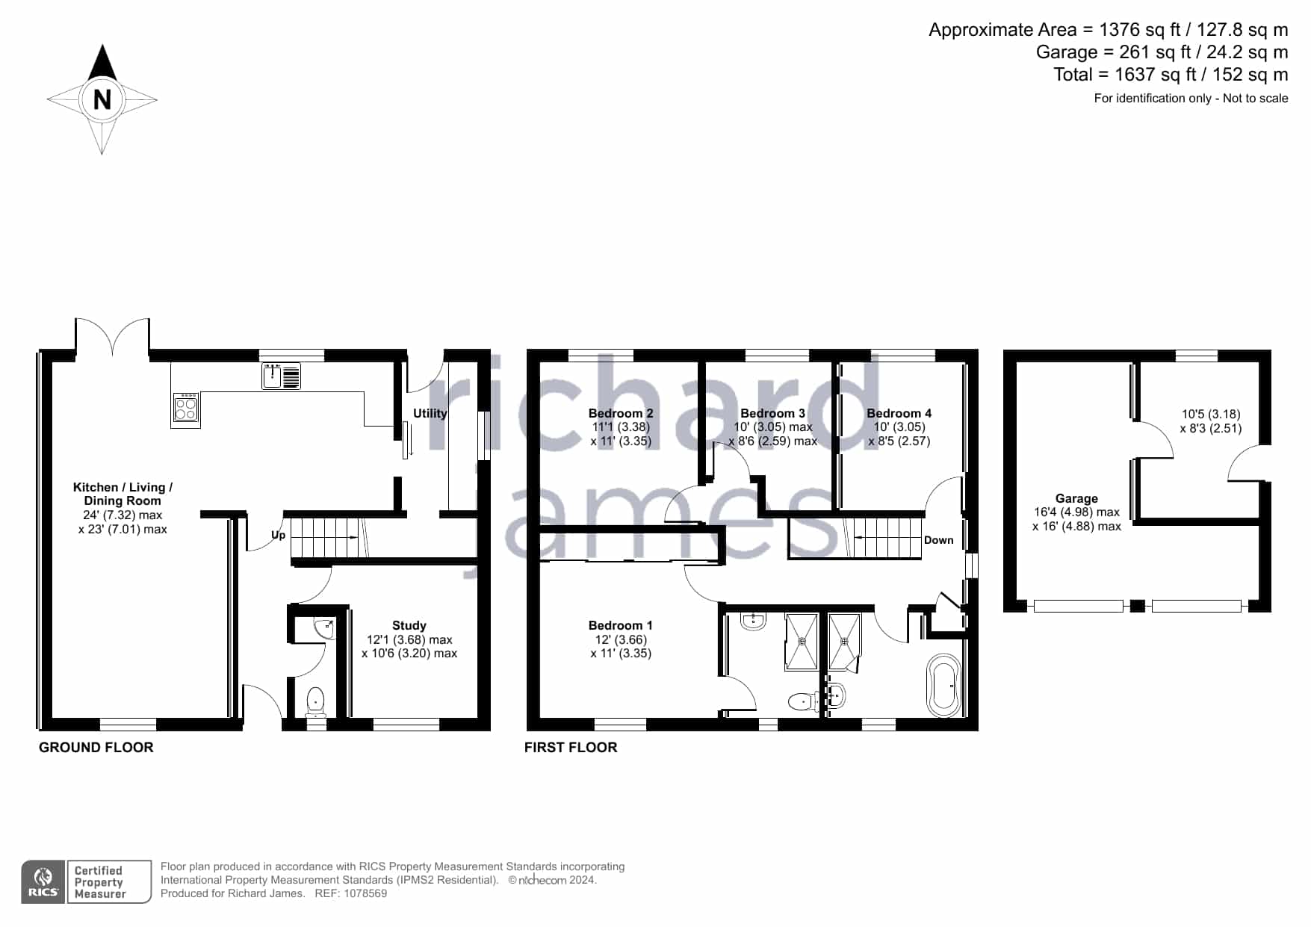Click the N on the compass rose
pyautogui.click(x=102, y=99)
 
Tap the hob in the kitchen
pyautogui.click(x=186, y=409)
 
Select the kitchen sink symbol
pyautogui.click(x=281, y=376)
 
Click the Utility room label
pyautogui.click(x=430, y=413)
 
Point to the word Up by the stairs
pyautogui.click(x=278, y=536)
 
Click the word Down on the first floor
pyautogui.click(x=939, y=540)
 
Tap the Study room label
pyautogui.click(x=409, y=625)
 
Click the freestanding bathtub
pyautogui.click(x=943, y=685)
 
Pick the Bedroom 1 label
pyautogui.click(x=621, y=625)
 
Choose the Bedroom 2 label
pyautogui.click(x=621, y=413)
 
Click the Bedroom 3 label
pyautogui.click(x=773, y=413)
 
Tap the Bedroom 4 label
pyautogui.click(x=899, y=413)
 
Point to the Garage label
pyautogui.click(x=1076, y=498)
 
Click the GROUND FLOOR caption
pyautogui.click(x=96, y=748)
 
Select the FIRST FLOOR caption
pyautogui.click(x=571, y=748)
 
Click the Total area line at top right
pyautogui.click(x=1171, y=75)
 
